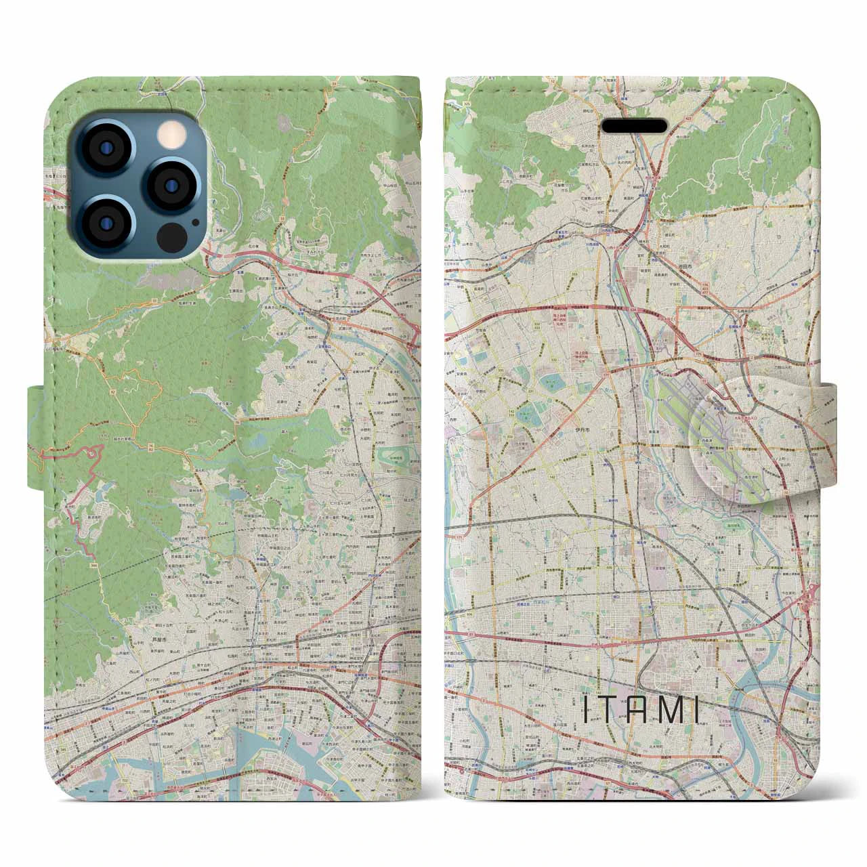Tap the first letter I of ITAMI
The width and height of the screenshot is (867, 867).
pyautogui.click(x=586, y=711)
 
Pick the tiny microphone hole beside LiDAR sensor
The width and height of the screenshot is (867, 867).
pyautogui.click(x=196, y=221)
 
